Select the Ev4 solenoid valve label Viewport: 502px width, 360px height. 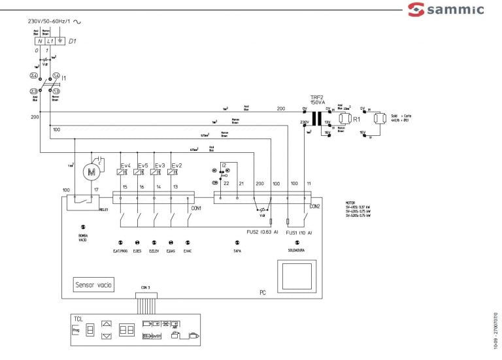[125, 165]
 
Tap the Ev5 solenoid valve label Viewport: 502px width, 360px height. [142, 165]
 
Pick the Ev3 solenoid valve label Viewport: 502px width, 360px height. [158, 165]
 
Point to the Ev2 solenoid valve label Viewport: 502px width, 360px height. [174, 165]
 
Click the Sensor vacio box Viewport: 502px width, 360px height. [94, 285]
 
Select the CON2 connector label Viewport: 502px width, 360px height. [314, 206]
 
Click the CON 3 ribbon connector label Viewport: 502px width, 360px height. [146, 287]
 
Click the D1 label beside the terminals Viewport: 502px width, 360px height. [73, 41]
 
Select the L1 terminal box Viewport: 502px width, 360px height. [50, 41]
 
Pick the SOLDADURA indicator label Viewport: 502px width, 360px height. [297, 250]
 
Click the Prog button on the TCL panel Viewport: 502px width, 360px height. [75, 331]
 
